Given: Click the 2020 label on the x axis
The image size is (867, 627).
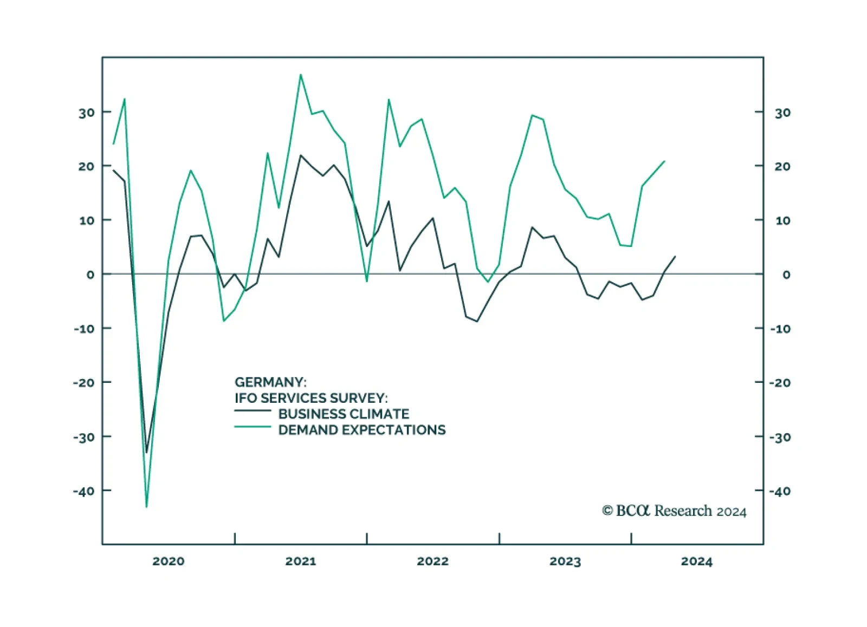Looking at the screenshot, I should pos(168,561).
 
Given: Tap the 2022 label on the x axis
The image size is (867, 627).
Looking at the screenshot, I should pos(432,561).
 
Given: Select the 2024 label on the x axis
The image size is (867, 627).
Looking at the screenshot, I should pos(697,561).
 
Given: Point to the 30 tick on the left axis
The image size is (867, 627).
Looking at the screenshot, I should pos(86,113).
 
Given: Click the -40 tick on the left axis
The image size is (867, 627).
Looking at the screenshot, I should pos(84,491).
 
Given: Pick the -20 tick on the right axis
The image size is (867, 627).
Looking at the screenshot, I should pos(780,383).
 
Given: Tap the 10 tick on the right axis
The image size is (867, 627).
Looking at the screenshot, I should pos(782,221).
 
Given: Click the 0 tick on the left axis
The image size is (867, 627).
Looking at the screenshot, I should pos(90,275).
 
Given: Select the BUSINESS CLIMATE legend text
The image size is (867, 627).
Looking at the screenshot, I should pos(344,414).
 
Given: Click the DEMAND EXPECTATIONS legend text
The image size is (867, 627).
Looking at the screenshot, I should pos(362,430).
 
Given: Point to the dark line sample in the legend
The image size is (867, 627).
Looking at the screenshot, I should pos(253,411).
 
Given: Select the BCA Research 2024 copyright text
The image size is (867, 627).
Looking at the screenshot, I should pos(674,511).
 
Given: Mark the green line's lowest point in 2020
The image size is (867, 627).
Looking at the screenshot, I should pos(146,507).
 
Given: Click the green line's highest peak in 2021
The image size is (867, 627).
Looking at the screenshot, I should pos(300,75).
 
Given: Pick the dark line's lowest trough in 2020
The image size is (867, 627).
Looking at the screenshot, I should pos(146,452).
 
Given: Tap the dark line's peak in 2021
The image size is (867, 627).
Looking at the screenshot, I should pos(301,155).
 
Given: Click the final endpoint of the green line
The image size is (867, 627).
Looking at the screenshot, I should pos(664,161).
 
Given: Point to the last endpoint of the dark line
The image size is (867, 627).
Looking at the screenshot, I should pos(675,257).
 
